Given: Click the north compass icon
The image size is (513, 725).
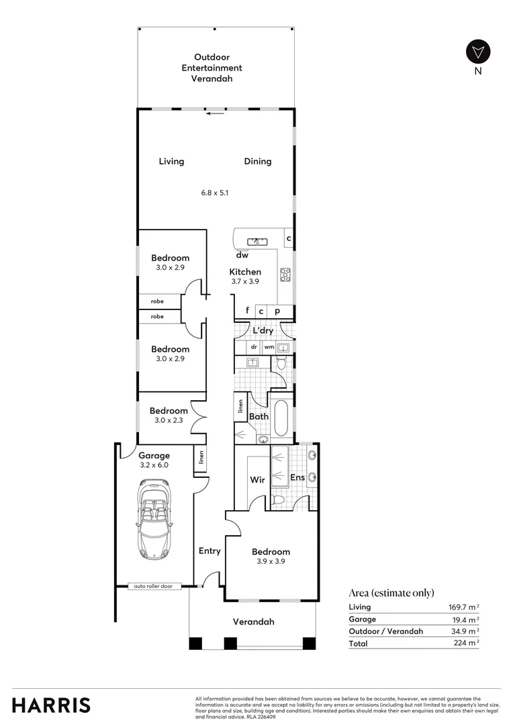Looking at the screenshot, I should pos(478,52).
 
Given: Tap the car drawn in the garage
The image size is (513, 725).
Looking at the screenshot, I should pos(154,518).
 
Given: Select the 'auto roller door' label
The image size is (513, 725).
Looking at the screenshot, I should pos(153,586).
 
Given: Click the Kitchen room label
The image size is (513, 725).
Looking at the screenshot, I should pos(245,272).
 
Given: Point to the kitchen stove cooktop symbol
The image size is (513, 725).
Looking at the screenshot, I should pos(285,274).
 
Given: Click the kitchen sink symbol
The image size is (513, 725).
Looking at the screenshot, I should pos(256,241).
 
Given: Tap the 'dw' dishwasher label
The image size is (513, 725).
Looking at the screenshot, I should pos(242,255).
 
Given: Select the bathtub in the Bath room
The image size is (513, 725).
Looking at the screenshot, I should pos(281,418).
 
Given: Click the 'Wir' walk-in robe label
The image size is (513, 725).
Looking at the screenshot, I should pos(258,479).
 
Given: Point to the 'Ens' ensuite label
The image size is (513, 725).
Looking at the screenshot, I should pos(297,478).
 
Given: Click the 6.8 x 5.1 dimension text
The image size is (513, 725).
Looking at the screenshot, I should pos(215,193).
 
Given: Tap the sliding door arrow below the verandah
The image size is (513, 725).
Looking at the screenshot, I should pos(215,113).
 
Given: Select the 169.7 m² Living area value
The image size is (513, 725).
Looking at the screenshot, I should pos(463,607).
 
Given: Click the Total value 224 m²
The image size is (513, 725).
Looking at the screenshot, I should pos(466,642).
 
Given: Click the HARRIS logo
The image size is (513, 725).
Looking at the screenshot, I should pos(51,705).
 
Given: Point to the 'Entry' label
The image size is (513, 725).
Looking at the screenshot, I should pos(209,550).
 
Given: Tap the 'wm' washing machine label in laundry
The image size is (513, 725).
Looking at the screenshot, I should pos(269,347).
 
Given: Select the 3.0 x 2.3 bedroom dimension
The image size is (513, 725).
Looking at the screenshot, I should pos(169,420).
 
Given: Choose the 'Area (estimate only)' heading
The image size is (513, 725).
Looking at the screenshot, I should pos(391,593).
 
